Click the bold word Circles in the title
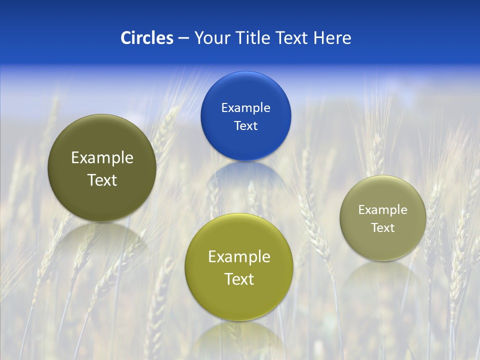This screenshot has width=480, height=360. click(147, 38)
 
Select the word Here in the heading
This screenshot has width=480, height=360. click(332, 38)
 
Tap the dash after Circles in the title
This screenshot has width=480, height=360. click(183, 38)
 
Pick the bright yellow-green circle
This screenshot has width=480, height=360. click(238, 300)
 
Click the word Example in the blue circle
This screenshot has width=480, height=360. click(245, 108)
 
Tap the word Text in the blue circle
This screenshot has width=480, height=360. click(245, 125)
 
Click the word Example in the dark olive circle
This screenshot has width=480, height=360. click(102, 158)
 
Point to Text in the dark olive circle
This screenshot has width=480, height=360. click(102, 180)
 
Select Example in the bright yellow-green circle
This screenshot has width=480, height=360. click(239, 257)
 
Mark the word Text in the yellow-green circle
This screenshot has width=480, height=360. click(239, 279)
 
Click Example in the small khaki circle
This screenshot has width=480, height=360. click(382, 210)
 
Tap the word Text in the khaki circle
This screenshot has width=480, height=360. click(382, 228)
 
